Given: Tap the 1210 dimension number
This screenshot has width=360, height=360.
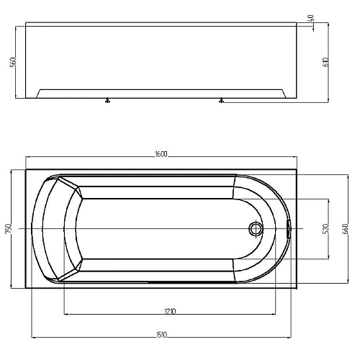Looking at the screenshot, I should click(170, 311).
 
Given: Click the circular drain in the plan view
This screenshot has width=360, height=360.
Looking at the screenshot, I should click(256, 229).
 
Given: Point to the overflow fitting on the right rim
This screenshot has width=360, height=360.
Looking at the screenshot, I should click(289, 229).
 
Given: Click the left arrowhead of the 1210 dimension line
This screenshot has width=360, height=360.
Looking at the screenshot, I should click(66, 315).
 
